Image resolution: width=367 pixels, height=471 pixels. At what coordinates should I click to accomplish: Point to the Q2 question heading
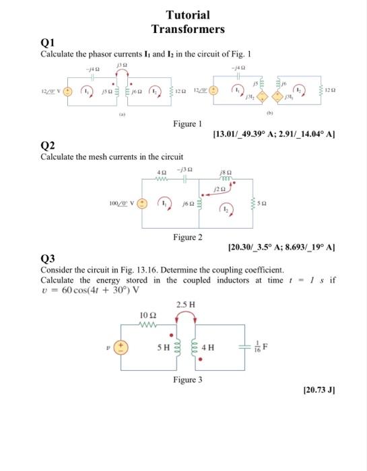[x=48, y=146]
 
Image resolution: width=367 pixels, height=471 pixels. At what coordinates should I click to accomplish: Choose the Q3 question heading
[x=48, y=259]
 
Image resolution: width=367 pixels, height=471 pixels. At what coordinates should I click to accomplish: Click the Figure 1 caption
[x=188, y=124]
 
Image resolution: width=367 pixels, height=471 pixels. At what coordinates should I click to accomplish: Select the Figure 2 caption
[x=188, y=237]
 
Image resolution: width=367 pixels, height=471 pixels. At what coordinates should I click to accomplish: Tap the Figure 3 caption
[x=188, y=379]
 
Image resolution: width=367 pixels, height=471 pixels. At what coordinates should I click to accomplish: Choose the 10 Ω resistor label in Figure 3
[x=147, y=315]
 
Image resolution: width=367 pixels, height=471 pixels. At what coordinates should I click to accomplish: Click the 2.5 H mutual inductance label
[x=187, y=305]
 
